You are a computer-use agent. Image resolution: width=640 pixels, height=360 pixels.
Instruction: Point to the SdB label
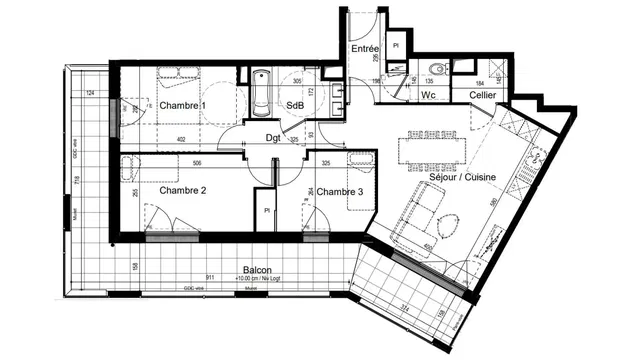(x=295, y=105)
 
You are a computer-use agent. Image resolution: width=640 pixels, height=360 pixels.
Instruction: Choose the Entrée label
(x=364, y=48)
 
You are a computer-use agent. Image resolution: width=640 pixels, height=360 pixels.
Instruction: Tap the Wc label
(x=427, y=95)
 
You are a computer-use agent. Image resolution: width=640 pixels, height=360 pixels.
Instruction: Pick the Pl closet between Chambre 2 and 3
(x=267, y=211)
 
